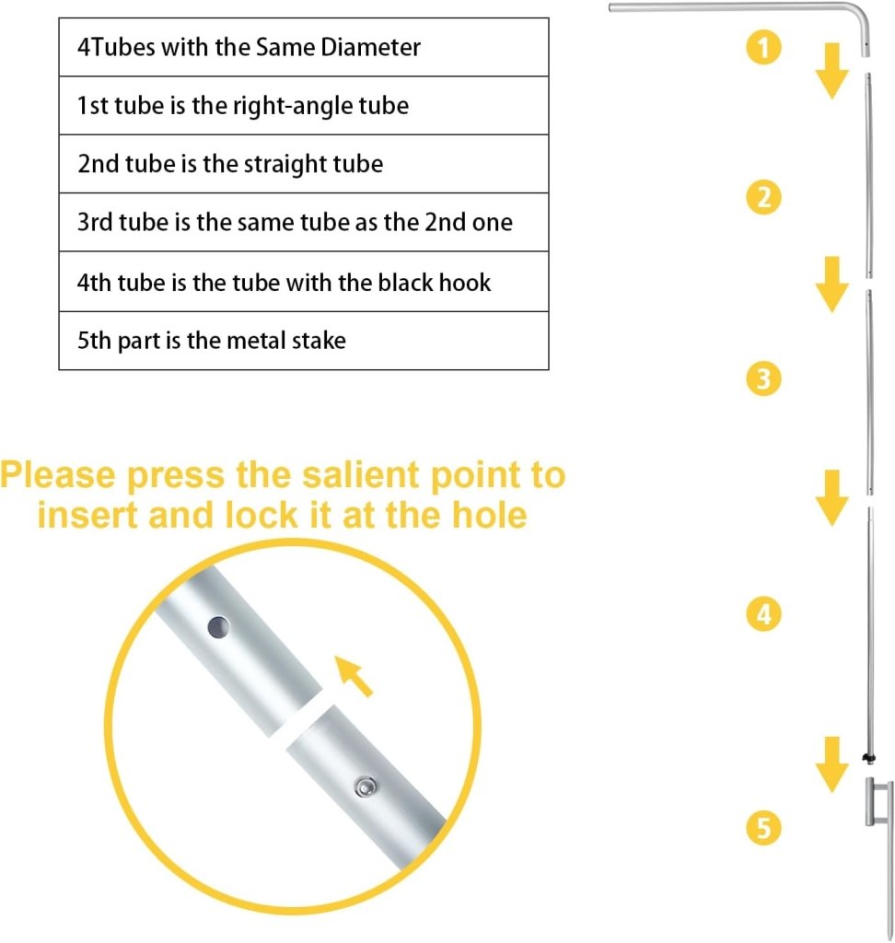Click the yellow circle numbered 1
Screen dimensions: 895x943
click(764, 47)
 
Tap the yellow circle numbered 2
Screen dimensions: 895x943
click(764, 197)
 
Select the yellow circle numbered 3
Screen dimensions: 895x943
click(764, 378)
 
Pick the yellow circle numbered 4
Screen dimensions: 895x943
click(764, 614)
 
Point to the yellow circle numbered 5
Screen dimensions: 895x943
click(764, 828)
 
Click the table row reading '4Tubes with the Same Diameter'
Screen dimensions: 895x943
click(304, 47)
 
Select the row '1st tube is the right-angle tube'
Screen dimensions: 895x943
click(304, 105)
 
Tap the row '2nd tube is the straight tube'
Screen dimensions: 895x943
click(304, 164)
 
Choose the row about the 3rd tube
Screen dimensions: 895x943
click(304, 222)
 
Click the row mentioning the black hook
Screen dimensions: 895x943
click(304, 282)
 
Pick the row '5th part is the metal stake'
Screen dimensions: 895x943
click(304, 341)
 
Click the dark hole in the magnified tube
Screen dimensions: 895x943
click(218, 627)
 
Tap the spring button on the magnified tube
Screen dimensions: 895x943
click(366, 786)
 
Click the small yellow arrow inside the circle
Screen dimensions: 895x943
click(354, 677)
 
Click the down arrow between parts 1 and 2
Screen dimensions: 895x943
click(831, 71)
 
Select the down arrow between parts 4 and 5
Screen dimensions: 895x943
click(831, 765)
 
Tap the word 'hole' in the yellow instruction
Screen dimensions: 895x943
click(489, 515)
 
